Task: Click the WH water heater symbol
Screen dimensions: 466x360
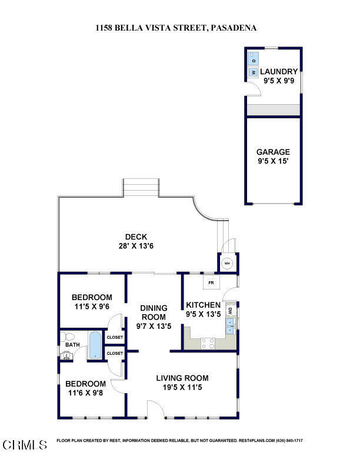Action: coord(228,263)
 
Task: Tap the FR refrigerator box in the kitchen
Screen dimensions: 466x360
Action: coord(211,283)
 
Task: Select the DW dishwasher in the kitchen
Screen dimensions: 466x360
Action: coord(231,311)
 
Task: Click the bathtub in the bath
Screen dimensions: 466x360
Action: coord(95,345)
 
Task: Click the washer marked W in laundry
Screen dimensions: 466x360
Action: coord(254,72)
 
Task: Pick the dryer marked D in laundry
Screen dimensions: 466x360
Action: coord(254,60)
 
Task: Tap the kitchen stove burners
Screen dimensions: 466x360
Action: coord(207,343)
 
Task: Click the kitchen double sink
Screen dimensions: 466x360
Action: coord(231,325)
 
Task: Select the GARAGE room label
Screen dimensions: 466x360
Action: coord(273,152)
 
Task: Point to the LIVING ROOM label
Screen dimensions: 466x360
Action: coord(182,378)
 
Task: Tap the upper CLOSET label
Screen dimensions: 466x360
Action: coord(115,337)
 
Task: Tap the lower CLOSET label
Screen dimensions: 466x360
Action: coord(115,353)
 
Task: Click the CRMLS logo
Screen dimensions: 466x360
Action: coord(25,444)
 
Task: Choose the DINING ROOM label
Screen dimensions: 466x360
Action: coord(153,312)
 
